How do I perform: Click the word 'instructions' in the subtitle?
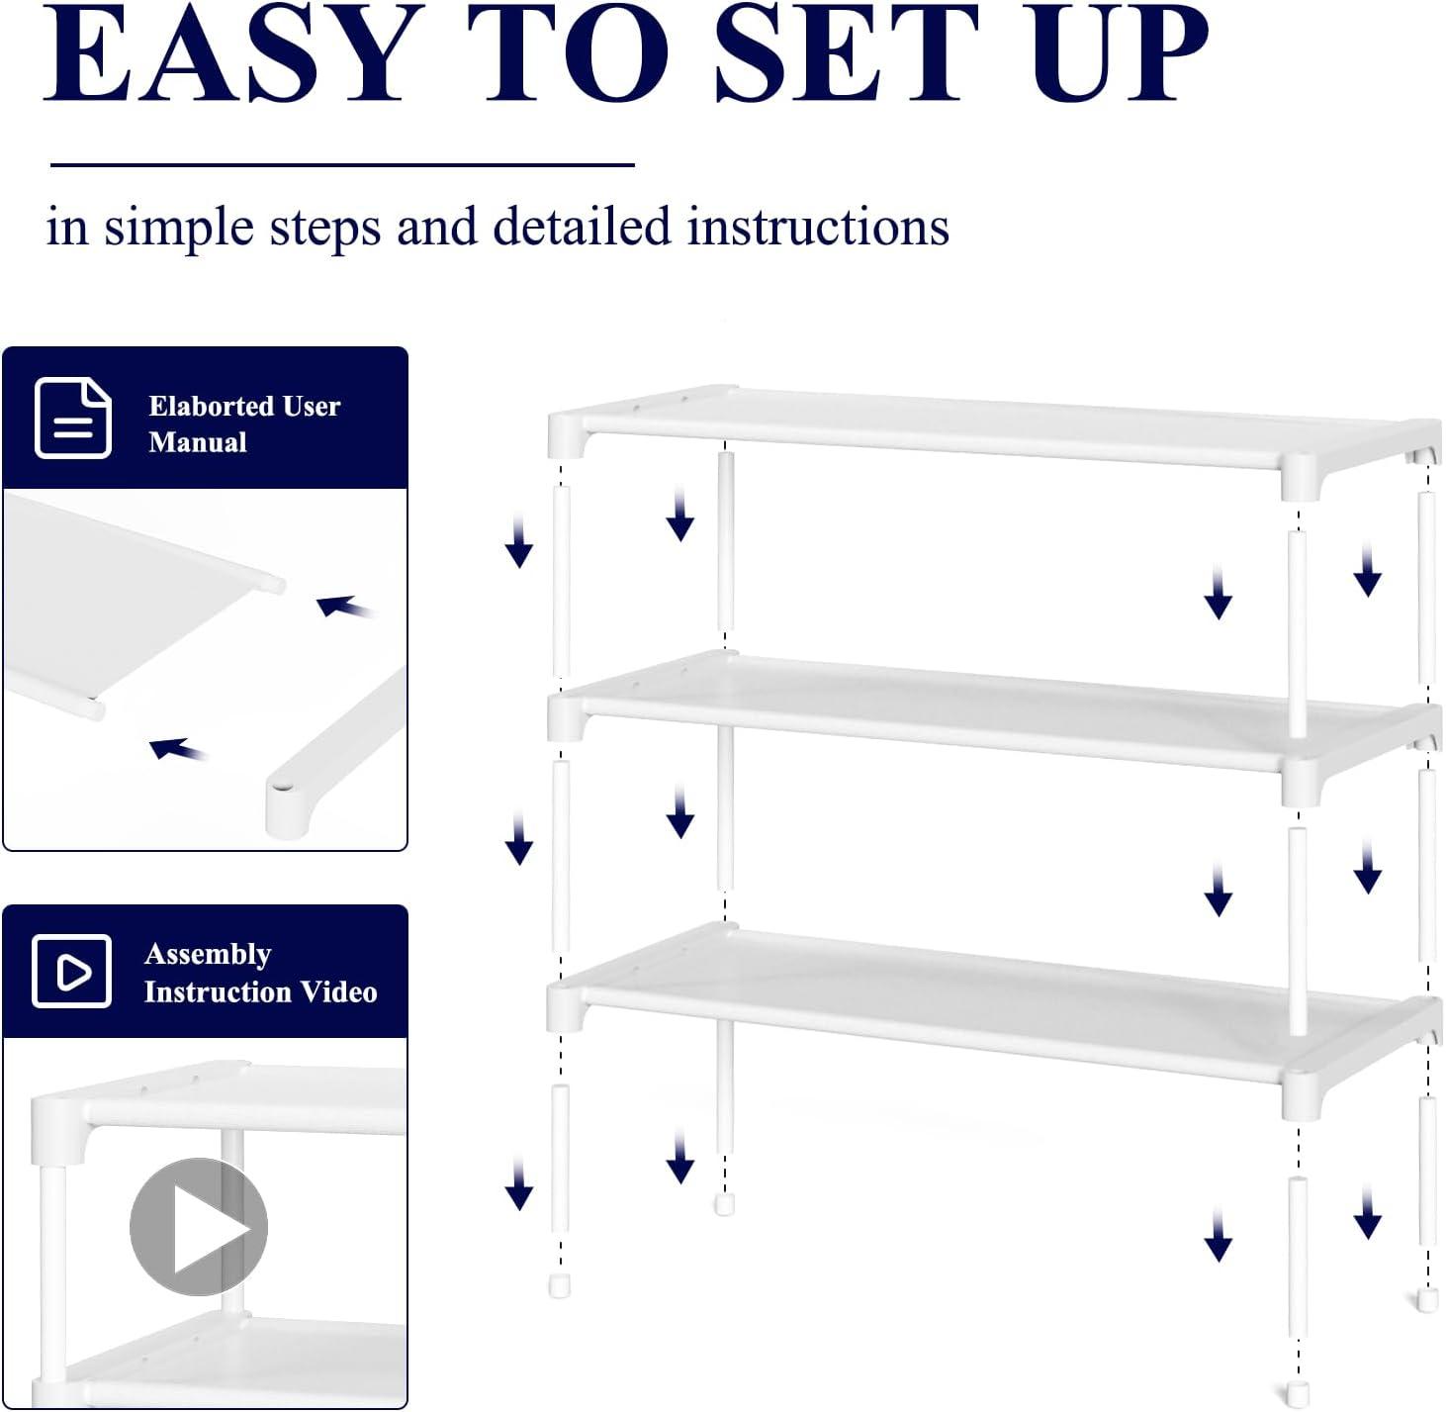click(818, 226)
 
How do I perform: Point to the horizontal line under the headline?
click(342, 164)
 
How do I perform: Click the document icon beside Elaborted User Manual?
click(73, 418)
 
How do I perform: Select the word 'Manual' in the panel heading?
click(198, 442)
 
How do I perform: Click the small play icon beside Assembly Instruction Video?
click(71, 971)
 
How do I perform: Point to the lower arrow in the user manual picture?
click(178, 749)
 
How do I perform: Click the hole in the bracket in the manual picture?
click(282, 786)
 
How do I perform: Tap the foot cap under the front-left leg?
click(560, 1285)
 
